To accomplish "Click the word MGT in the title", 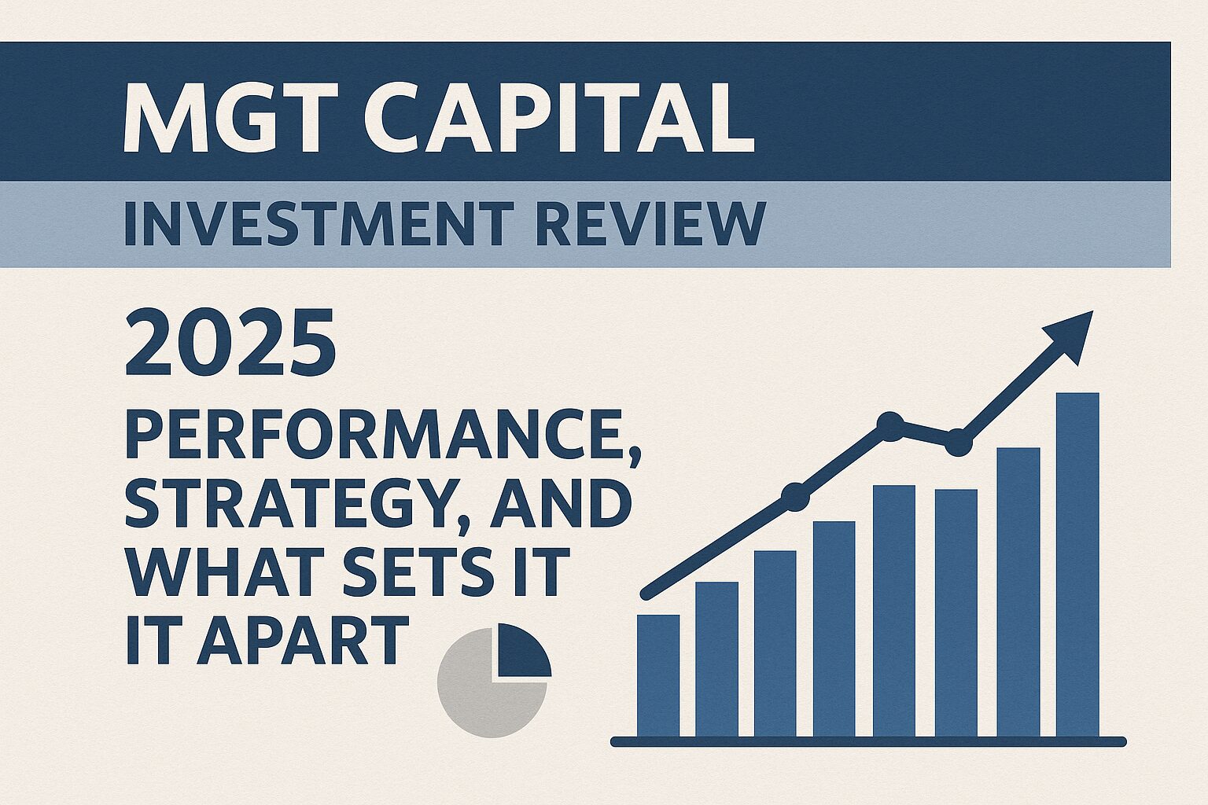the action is pos(230,118).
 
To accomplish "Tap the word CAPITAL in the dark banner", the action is pos(558,118).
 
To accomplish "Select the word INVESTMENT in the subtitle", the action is pos(319,223).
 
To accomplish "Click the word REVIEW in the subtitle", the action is pos(651,223).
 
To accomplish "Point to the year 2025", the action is pos(230,343).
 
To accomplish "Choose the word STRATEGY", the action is pos(289,502).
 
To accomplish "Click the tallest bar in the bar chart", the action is pos(1077,564).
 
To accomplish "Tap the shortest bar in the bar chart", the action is pos(658,675).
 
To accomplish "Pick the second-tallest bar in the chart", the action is pos(1018,592).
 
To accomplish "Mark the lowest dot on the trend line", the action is pos(795,497).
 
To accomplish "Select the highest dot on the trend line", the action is pos(889,427).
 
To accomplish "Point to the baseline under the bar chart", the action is pos(868,742).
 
